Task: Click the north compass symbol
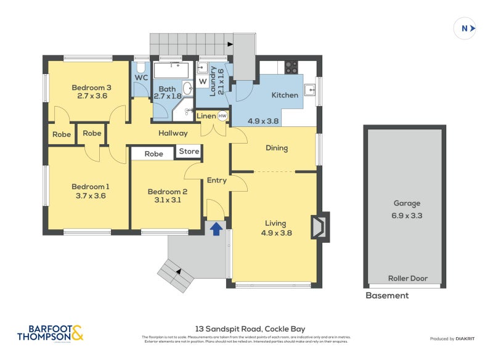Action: point(465,28)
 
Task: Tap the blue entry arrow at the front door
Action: point(216,229)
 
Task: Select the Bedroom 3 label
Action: point(91,87)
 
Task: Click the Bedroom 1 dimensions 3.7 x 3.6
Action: point(91,196)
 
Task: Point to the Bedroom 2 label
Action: point(167,192)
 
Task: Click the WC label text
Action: point(141,78)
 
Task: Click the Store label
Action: point(189,151)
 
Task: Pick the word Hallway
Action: point(173,133)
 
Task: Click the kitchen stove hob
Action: point(291,67)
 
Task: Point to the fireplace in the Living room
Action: point(320,226)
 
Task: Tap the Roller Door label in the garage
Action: point(407,278)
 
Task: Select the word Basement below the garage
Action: point(387,295)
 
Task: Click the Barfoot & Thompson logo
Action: point(49,333)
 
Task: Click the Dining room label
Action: point(277,148)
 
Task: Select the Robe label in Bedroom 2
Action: point(154,153)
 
